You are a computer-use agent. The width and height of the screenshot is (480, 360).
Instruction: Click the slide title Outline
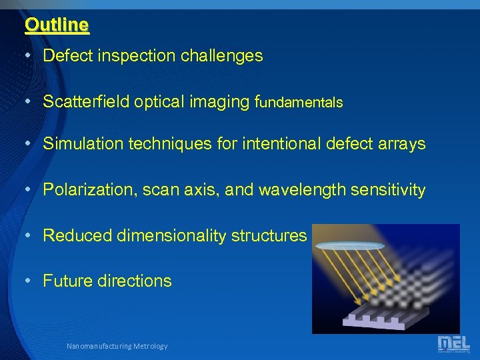point(57,25)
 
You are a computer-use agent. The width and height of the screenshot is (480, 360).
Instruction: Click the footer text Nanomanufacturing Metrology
point(117,346)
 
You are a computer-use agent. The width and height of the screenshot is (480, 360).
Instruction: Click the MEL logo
point(453,343)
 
